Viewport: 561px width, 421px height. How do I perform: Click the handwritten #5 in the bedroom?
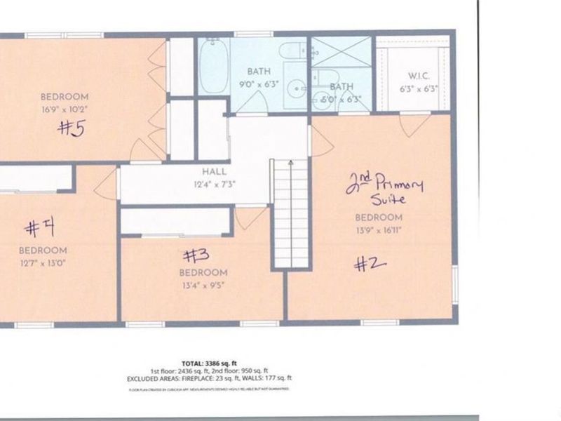point(72,128)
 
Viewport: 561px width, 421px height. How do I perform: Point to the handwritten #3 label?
point(195,254)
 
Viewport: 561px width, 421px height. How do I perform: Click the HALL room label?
point(214,172)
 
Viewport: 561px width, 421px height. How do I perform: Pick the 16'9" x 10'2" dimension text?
point(65,109)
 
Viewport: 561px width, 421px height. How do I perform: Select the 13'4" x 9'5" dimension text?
point(203,285)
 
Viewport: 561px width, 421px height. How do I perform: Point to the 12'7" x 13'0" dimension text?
point(43,263)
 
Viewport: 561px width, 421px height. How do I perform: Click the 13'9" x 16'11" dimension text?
point(379,229)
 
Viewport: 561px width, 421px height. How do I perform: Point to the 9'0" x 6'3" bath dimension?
point(258,83)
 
